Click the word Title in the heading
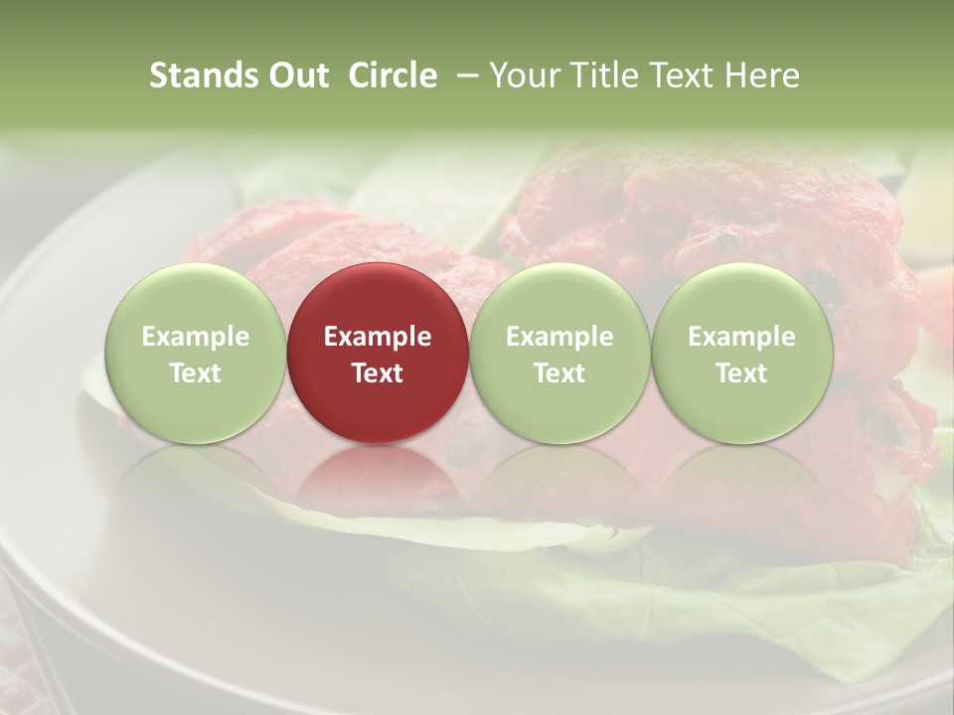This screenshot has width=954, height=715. click(x=607, y=75)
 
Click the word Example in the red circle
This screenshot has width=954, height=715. click(x=377, y=337)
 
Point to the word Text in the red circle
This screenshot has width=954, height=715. click(x=377, y=373)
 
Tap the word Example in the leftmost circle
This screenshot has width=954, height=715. click(x=195, y=337)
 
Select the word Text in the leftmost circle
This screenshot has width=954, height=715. click(x=195, y=373)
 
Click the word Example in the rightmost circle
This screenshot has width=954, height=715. click(x=741, y=337)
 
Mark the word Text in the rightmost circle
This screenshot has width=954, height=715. click(x=741, y=373)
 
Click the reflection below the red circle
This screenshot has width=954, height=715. click(x=377, y=477)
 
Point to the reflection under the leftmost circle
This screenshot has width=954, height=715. click(x=195, y=477)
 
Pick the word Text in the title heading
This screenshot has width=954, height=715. click(x=688, y=75)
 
